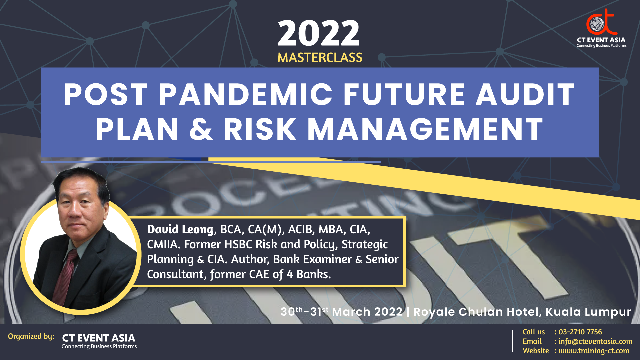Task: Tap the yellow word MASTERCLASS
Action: [320, 58]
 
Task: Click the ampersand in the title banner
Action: [201, 129]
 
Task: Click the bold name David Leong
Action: [180, 229]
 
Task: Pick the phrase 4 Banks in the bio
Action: [308, 274]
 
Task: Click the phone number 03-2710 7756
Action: [580, 332]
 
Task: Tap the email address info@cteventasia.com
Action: [595, 341]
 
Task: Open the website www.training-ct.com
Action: [594, 351]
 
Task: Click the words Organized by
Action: [31, 336]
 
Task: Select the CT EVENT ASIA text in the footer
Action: [99, 338]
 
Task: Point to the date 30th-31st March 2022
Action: [341, 312]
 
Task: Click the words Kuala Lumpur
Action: [588, 312]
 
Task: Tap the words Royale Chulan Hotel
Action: [476, 312]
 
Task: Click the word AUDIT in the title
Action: [525, 94]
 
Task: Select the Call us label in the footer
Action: [534, 332]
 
